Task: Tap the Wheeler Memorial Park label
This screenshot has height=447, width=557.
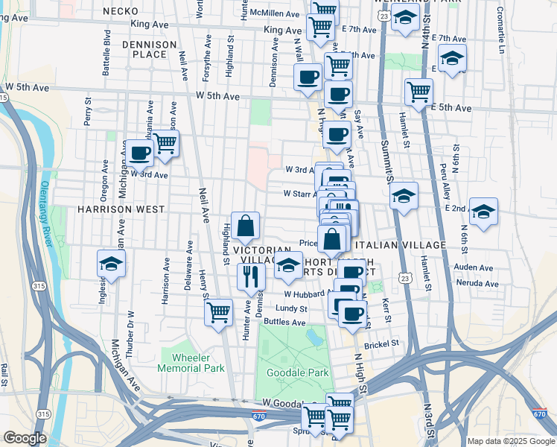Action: [191, 363]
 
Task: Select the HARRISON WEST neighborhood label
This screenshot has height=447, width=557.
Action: [120, 210]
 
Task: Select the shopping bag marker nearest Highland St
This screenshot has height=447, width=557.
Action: [245, 224]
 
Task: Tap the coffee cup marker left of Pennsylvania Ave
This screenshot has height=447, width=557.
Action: [139, 153]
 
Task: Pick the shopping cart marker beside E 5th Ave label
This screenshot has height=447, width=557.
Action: [419, 92]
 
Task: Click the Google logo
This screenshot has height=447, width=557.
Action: [25, 438]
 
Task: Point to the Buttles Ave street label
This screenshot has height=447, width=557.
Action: [289, 323]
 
